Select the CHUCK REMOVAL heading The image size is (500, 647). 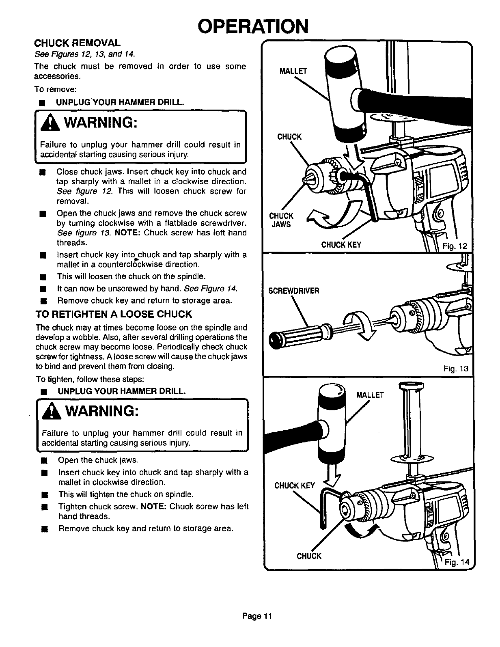[x=77, y=43]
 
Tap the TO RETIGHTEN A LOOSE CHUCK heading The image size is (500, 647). [x=114, y=315]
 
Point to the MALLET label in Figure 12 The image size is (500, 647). [x=294, y=71]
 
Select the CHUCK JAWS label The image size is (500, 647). [x=280, y=220]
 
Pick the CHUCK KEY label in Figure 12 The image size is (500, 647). [x=341, y=245]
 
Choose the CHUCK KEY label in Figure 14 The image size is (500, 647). [x=295, y=485]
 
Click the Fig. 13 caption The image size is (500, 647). [x=456, y=369]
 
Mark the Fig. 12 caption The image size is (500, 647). [x=456, y=246]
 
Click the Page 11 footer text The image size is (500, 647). [x=256, y=616]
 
